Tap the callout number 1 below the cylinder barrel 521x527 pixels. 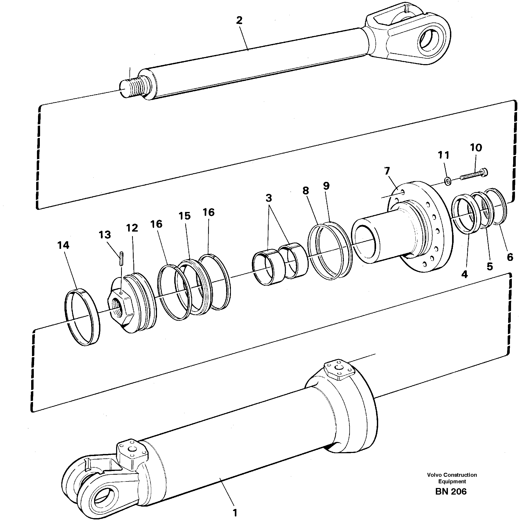pyautogui.click(x=234, y=513)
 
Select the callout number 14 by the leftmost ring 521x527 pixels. pyautogui.click(x=63, y=245)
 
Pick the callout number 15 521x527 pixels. pyautogui.click(x=184, y=216)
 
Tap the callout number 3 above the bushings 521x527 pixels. pyautogui.click(x=269, y=198)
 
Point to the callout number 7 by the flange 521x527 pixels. pyautogui.click(x=387, y=171)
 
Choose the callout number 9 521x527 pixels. pyautogui.click(x=326, y=186)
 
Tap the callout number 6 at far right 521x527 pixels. pyautogui.click(x=510, y=257)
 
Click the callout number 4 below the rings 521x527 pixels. pyautogui.click(x=464, y=274)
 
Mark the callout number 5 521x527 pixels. pyautogui.click(x=490, y=266)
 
